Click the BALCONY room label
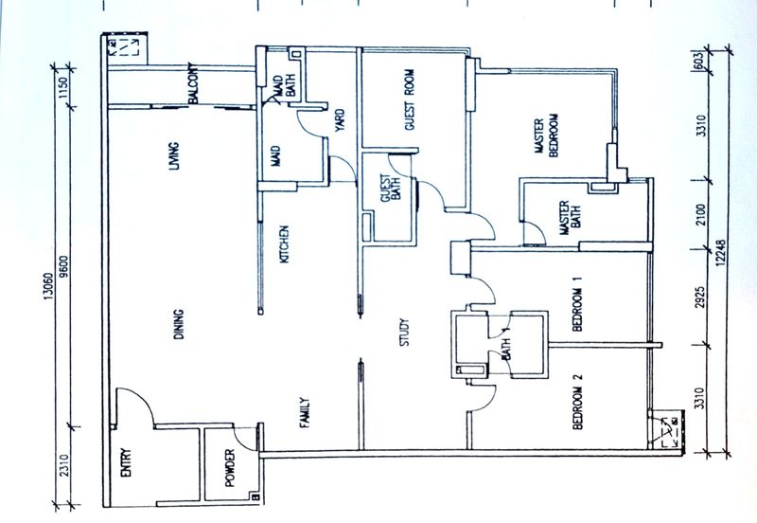pyautogui.click(x=193, y=83)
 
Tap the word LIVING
pyautogui.click(x=173, y=156)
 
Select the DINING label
pyautogui.click(x=179, y=324)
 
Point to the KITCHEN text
pyautogui.click(x=285, y=244)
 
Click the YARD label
pyautogui.click(x=340, y=120)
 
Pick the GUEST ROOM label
pyautogui.click(x=410, y=99)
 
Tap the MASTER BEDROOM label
pyautogui.click(x=547, y=135)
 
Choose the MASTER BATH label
pyautogui.click(x=570, y=218)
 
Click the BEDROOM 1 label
pyautogui.click(x=577, y=303)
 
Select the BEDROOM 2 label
pyautogui.click(x=577, y=402)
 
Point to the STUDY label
pyautogui.click(x=405, y=332)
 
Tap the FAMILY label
pyautogui.click(x=304, y=413)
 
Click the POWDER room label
pyautogui.click(x=230, y=467)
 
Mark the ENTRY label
pyautogui.click(x=126, y=462)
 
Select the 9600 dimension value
pyautogui.click(x=64, y=266)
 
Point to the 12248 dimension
pyautogui.click(x=721, y=253)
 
